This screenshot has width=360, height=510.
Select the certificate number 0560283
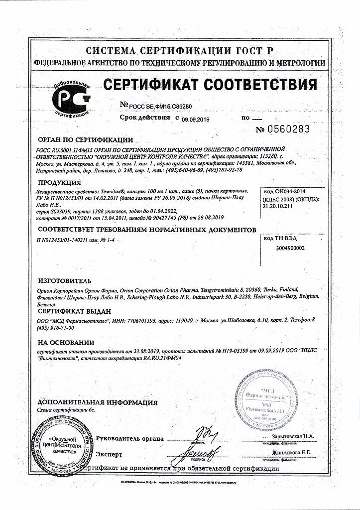pos(282,129)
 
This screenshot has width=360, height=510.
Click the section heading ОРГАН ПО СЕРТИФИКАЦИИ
pos(85,140)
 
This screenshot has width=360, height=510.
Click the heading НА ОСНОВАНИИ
pos(66,343)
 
